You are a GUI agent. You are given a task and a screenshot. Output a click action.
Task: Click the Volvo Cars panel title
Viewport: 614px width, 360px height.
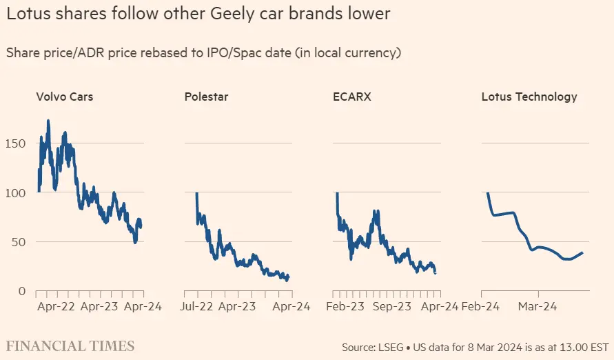coord(64,97)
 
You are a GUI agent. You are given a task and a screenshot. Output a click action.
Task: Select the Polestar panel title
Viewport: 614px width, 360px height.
coord(206,97)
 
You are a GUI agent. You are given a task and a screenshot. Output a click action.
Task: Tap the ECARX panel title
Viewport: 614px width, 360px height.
coord(351,97)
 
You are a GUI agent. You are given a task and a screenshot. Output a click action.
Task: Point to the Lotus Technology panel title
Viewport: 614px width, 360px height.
coord(529,97)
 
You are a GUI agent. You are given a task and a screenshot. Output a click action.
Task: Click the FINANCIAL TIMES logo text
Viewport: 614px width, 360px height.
coord(70,346)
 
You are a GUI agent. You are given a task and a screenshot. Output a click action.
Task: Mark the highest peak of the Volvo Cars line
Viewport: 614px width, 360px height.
coord(48,121)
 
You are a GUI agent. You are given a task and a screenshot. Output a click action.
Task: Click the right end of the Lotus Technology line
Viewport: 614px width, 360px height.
coord(582,252)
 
